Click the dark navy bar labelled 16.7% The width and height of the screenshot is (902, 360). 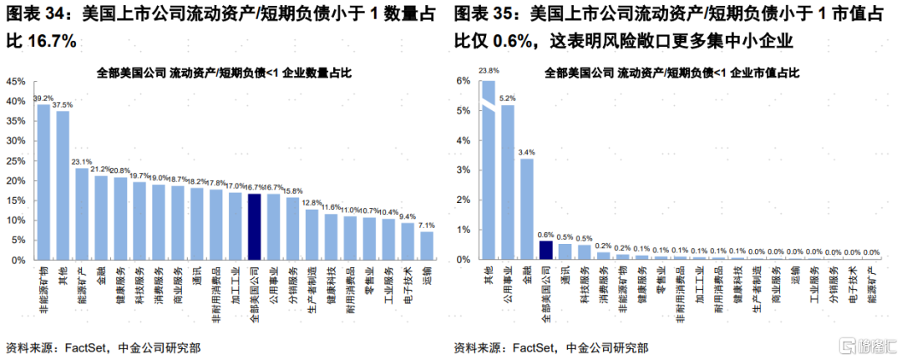click(254, 226)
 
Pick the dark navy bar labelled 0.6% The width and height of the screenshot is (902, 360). click(545, 251)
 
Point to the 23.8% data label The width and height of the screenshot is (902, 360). click(489, 71)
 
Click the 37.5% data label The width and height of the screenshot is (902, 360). click(63, 105)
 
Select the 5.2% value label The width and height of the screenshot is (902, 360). click(508, 98)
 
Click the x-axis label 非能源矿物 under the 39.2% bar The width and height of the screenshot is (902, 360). click(43, 289)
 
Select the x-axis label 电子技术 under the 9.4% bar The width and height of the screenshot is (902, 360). click(408, 283)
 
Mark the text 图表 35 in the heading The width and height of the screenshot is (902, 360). click(483, 14)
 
